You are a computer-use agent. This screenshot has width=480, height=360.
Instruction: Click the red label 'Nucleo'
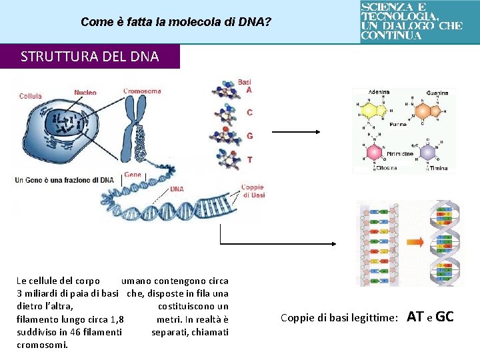tap(85, 93)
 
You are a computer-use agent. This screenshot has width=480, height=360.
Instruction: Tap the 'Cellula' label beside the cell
tap(31, 96)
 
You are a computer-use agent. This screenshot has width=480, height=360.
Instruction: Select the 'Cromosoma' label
tap(142, 91)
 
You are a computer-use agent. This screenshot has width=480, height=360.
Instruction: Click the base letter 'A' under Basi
tap(249, 90)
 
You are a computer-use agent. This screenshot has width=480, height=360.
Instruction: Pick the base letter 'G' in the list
tap(249, 136)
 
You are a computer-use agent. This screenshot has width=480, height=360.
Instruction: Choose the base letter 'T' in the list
tap(249, 160)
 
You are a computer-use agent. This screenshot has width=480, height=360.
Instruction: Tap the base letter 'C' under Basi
tap(249, 113)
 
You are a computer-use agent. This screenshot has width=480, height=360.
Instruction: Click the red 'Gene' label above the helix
tap(133, 175)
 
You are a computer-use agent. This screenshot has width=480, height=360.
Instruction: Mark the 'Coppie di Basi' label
tap(253, 191)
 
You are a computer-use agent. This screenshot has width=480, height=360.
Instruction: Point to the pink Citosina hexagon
tap(375, 153)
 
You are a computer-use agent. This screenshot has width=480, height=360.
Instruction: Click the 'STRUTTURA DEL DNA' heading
tap(90, 57)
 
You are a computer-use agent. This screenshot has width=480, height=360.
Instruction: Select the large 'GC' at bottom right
tap(444, 317)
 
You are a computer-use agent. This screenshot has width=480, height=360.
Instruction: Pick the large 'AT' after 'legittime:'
tap(415, 317)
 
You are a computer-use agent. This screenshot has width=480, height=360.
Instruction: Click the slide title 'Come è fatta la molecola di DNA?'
tap(175, 22)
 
